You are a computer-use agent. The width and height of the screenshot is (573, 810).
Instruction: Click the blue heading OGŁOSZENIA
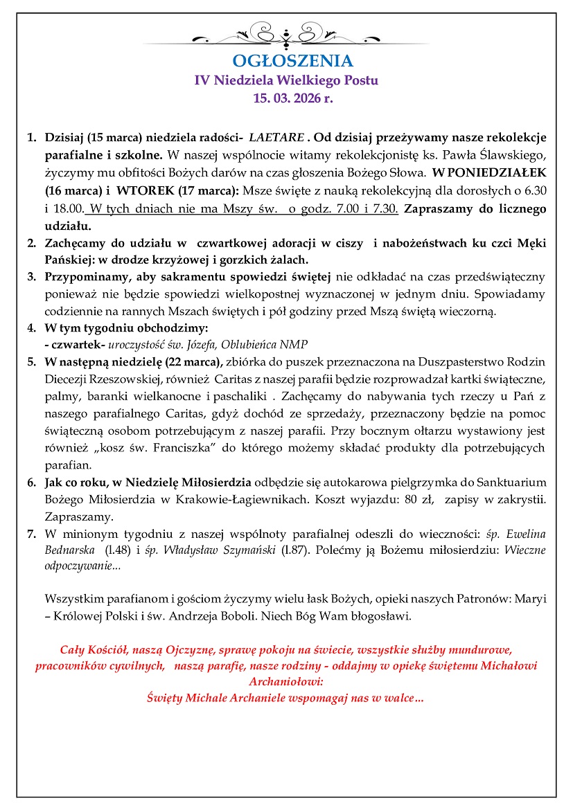point(287,61)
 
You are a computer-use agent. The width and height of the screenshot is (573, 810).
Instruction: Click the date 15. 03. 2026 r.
point(287,98)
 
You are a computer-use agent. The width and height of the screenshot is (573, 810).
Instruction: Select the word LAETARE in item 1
point(276,136)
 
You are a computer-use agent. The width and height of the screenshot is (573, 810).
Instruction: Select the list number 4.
point(31,327)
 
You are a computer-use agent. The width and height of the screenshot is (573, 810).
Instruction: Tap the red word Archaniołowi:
point(287,681)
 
